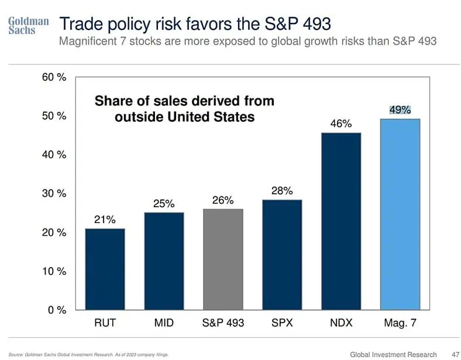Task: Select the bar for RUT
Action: (x=105, y=269)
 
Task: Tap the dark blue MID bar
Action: (x=164, y=260)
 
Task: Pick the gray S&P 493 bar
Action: (x=223, y=259)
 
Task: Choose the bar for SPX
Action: (x=282, y=254)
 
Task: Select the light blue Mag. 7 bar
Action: (x=400, y=214)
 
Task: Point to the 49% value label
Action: (x=400, y=109)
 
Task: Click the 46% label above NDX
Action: (x=341, y=124)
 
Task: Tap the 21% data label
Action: (x=105, y=220)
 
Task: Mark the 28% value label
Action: (x=282, y=191)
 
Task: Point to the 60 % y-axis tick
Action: (x=54, y=77)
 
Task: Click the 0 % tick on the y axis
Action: (x=57, y=310)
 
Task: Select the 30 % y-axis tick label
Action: (x=54, y=194)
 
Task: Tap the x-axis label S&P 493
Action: (x=223, y=323)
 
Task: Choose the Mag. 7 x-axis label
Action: (x=400, y=323)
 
